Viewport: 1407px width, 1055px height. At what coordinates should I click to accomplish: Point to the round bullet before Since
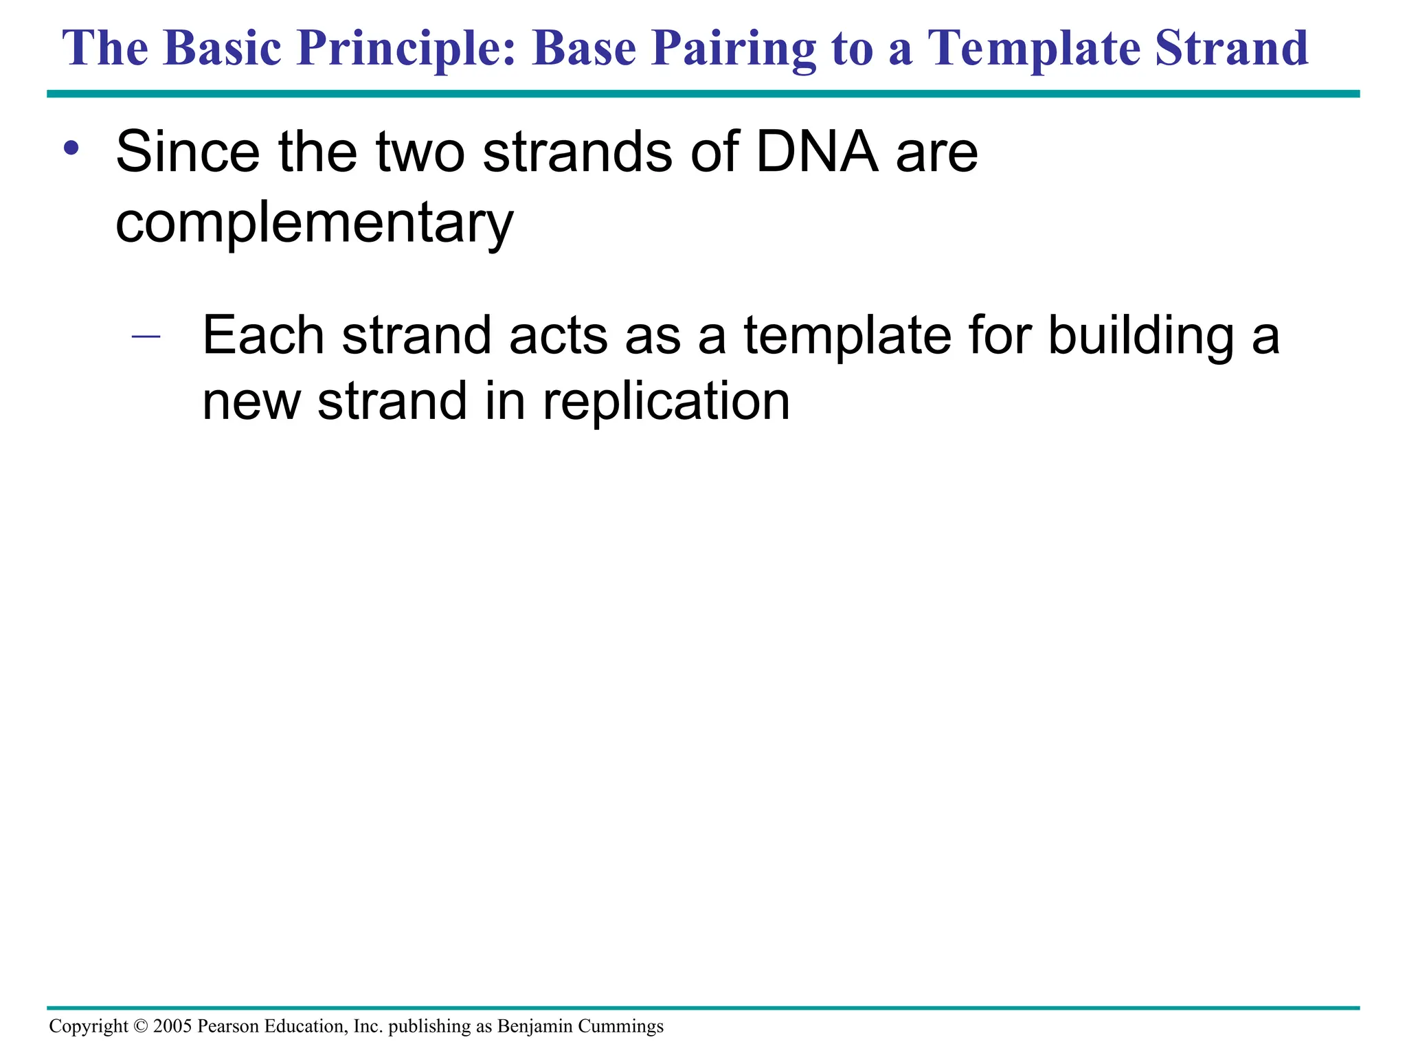point(70,148)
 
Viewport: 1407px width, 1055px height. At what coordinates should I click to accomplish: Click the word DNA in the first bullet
point(817,152)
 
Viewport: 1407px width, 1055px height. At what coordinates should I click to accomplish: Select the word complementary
point(315,224)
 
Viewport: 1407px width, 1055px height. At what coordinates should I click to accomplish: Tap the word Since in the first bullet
point(188,152)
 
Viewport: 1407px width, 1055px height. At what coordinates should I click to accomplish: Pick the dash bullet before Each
point(146,337)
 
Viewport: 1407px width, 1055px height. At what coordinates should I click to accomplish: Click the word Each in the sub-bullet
point(263,336)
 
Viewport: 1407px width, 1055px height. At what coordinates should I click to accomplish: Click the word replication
point(666,402)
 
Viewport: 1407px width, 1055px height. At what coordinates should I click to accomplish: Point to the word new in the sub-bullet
point(251,402)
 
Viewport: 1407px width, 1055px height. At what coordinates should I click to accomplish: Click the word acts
point(559,336)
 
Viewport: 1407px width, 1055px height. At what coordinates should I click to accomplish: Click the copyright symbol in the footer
point(141,1027)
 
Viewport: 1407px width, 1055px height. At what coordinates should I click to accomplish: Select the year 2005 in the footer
point(172,1027)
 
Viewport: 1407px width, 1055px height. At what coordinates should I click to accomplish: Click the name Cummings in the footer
point(620,1027)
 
